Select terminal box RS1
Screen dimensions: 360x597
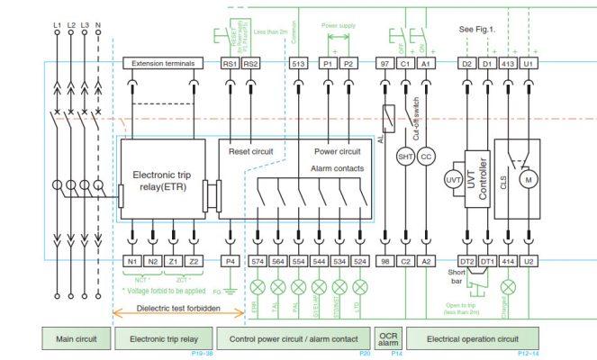click(x=230, y=64)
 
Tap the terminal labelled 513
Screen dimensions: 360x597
click(x=299, y=64)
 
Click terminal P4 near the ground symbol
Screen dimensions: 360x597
click(x=230, y=261)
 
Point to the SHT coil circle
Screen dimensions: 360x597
click(x=405, y=156)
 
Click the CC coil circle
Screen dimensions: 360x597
click(x=427, y=156)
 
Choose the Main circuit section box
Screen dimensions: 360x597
click(x=77, y=338)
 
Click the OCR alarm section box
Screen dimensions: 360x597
click(x=389, y=338)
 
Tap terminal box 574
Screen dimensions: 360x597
click(x=258, y=261)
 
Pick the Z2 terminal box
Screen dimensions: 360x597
click(x=194, y=261)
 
